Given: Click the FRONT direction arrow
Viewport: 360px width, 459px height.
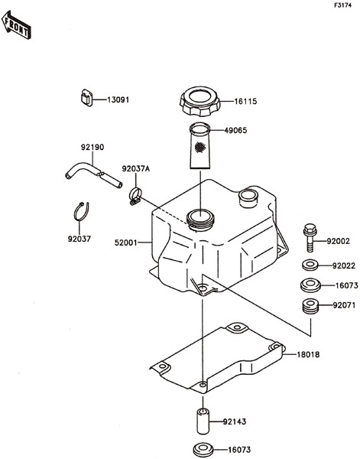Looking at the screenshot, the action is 16,25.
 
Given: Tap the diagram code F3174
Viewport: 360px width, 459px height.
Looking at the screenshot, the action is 343,5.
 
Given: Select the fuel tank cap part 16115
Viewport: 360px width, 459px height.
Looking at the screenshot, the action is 199,101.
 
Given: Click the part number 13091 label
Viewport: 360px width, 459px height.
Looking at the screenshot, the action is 118,99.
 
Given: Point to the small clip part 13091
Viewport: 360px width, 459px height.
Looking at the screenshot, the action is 86,97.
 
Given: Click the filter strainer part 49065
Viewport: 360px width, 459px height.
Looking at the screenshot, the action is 200,145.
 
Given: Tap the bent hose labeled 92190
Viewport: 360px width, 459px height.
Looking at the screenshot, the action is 93,175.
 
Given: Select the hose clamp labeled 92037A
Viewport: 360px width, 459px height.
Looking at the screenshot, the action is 135,197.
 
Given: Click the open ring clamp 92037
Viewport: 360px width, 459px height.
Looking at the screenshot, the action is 81,212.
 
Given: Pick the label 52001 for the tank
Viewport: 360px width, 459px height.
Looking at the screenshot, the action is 125,243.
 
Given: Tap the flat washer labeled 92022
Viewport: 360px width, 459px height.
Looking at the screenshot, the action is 310,265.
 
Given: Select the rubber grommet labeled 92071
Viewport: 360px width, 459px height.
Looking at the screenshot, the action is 310,307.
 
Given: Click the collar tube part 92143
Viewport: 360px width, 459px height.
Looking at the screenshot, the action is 203,422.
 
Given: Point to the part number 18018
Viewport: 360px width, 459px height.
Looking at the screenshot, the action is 309,354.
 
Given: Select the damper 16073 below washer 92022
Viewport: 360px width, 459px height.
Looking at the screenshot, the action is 310,285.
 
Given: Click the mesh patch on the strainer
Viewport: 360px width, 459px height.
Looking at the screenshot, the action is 199,146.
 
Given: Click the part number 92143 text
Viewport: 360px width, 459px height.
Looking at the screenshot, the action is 235,422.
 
